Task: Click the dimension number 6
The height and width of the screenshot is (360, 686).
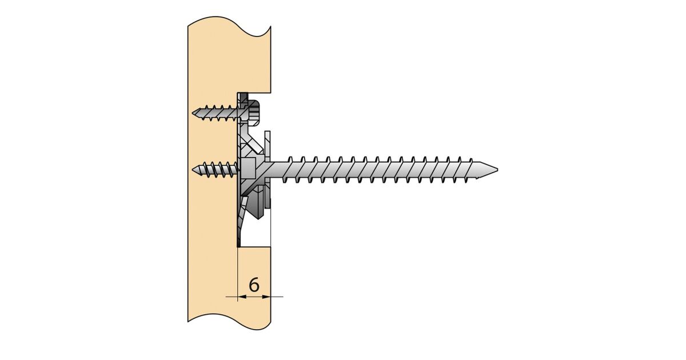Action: pos(254,285)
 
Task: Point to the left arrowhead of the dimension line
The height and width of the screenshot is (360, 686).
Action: pos(242,297)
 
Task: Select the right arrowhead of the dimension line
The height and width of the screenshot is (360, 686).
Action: pos(266,297)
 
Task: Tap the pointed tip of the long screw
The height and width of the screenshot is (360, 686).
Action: pos(497,169)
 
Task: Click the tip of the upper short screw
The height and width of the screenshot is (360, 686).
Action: pos(193,113)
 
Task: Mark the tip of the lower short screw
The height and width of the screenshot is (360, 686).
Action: pos(193,169)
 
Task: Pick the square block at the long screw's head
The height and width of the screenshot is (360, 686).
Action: pos(248,169)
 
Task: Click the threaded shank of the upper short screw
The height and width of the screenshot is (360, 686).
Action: pos(217,113)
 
